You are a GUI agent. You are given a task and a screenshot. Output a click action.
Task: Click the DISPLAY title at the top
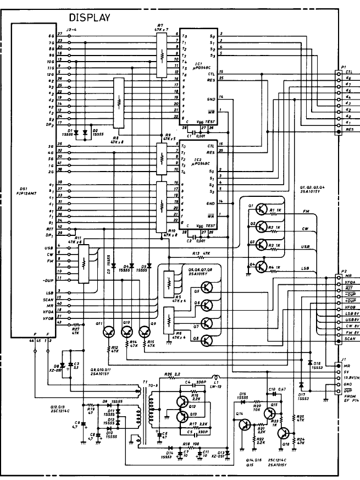coord(90,18)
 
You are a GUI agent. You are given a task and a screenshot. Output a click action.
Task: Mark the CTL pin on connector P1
coord(339,72)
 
